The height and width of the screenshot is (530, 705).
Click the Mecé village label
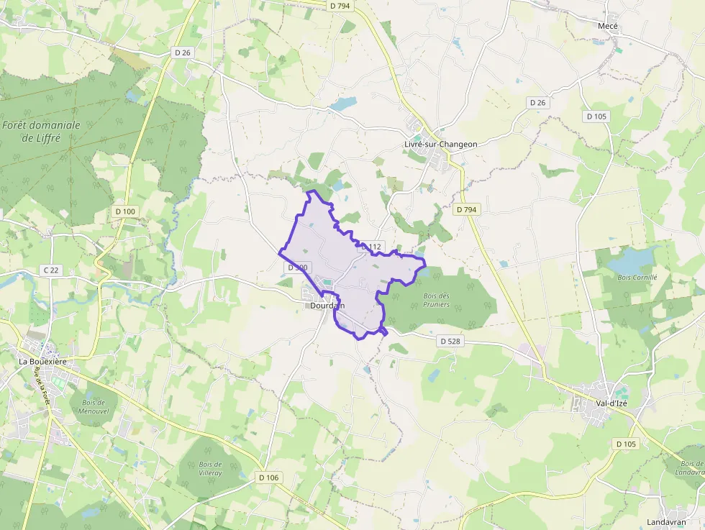pos(608,26)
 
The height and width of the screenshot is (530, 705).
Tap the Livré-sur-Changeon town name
pos(440,144)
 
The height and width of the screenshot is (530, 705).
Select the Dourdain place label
pos(327,306)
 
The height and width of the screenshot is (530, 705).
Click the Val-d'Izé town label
pos(611,403)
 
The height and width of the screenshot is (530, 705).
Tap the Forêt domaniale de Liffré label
pos(41,131)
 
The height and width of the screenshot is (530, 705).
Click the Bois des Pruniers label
pos(437,300)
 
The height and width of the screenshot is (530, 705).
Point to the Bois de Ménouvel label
pos(94,407)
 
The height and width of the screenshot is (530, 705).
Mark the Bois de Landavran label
pos(691,468)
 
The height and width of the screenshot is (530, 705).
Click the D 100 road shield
pos(124,211)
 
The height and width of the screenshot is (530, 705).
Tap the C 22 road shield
pos(51,270)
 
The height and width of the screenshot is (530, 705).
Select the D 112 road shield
pos(372,247)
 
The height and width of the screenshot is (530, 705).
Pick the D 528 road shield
pos(450,341)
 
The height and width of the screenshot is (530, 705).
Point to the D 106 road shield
pos(268,478)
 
